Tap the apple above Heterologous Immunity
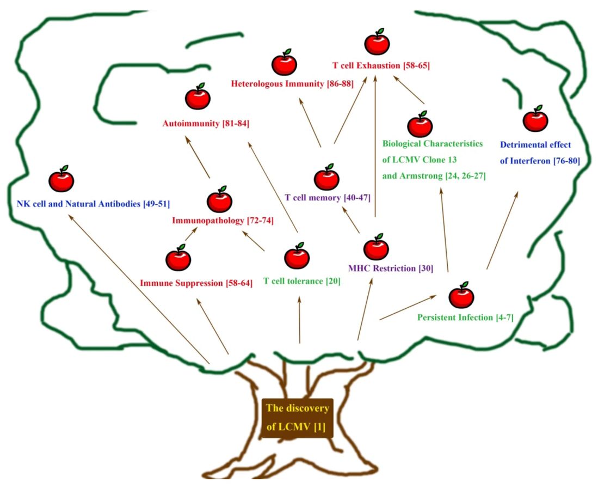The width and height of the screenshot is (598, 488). (284, 64)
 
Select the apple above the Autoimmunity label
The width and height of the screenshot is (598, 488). (198, 98)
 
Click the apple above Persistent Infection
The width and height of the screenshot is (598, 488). (461, 296)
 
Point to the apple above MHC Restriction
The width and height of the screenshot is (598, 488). (376, 248)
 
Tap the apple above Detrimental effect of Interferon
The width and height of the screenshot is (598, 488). (535, 120)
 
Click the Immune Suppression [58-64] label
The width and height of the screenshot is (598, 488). (196, 283)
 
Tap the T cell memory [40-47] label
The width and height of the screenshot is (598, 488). (328, 198)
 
